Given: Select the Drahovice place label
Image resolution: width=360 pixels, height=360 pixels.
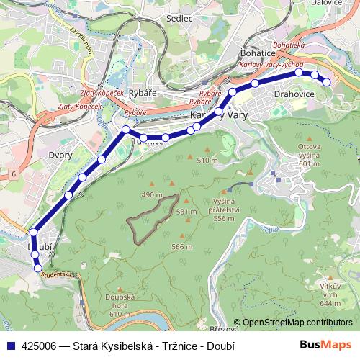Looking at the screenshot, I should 292,93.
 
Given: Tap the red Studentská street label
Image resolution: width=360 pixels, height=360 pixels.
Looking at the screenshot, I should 57,275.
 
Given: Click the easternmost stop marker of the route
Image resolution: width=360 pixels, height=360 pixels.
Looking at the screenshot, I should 326,82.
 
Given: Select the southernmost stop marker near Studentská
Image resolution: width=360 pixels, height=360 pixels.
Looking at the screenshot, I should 38,268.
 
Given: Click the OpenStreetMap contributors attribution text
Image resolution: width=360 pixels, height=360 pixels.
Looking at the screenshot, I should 295,322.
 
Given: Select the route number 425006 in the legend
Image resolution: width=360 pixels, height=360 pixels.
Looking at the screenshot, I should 38,345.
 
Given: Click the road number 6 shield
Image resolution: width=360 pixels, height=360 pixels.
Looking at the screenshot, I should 13,175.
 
